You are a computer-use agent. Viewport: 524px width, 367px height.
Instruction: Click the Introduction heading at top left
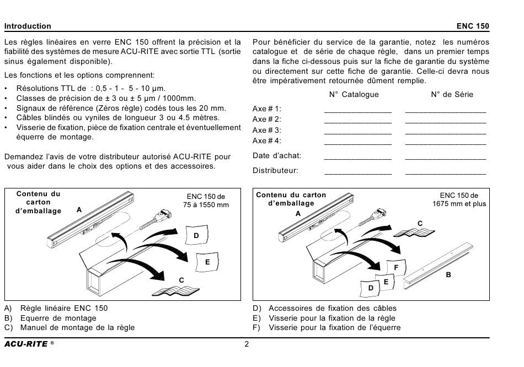point(28,26)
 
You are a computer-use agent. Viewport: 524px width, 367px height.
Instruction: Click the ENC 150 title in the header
point(473,26)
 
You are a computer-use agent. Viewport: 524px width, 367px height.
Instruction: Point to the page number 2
point(247,344)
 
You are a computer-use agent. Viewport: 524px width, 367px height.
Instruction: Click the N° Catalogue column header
point(354,94)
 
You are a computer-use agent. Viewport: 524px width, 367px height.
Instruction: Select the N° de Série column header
point(452,94)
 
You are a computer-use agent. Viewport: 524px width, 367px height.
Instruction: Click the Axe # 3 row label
point(266,130)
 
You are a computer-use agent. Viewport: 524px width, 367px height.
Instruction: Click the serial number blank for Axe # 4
point(446,144)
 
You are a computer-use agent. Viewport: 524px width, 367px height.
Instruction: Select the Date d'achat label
point(277,155)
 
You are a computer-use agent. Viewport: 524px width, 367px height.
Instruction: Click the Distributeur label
point(275,170)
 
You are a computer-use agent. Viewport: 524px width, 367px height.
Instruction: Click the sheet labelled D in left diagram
point(196,235)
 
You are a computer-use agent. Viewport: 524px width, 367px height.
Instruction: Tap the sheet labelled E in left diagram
point(207,262)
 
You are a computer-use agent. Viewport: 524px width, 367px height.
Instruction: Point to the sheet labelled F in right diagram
point(397,267)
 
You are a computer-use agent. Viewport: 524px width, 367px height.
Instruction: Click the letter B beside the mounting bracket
point(448,275)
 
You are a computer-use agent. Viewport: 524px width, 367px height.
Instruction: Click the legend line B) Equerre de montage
point(50,318)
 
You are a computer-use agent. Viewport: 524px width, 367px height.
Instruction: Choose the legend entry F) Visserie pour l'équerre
point(327,327)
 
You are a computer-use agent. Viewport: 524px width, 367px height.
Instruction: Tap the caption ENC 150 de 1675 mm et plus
point(459,199)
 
